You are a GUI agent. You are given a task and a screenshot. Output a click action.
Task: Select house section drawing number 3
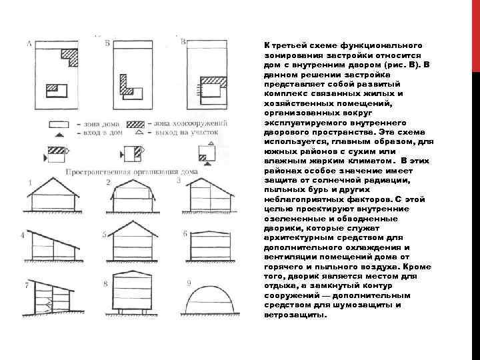[x=209, y=197]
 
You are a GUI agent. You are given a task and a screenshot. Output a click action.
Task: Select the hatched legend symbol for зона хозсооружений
[x=136, y=124]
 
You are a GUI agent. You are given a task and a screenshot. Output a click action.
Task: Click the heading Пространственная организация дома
[x=132, y=171]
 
